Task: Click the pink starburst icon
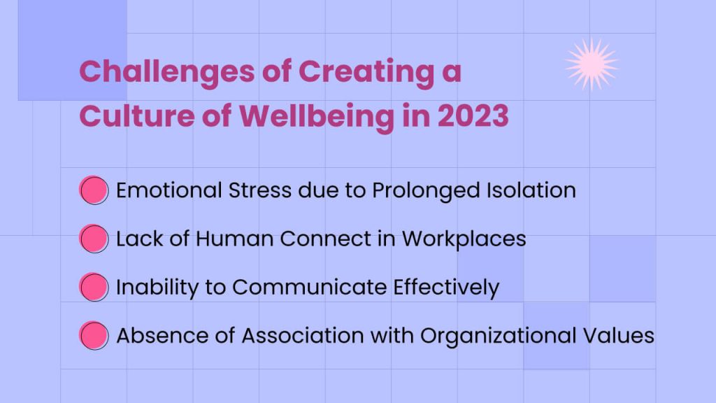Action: point(592,64)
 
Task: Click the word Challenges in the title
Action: point(166,73)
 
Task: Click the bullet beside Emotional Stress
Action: point(94,190)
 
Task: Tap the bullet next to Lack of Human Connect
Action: point(94,239)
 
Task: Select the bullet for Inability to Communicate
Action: point(94,287)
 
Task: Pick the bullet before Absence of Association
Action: point(94,335)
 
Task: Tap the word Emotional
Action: point(169,190)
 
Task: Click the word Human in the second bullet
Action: point(234,239)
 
